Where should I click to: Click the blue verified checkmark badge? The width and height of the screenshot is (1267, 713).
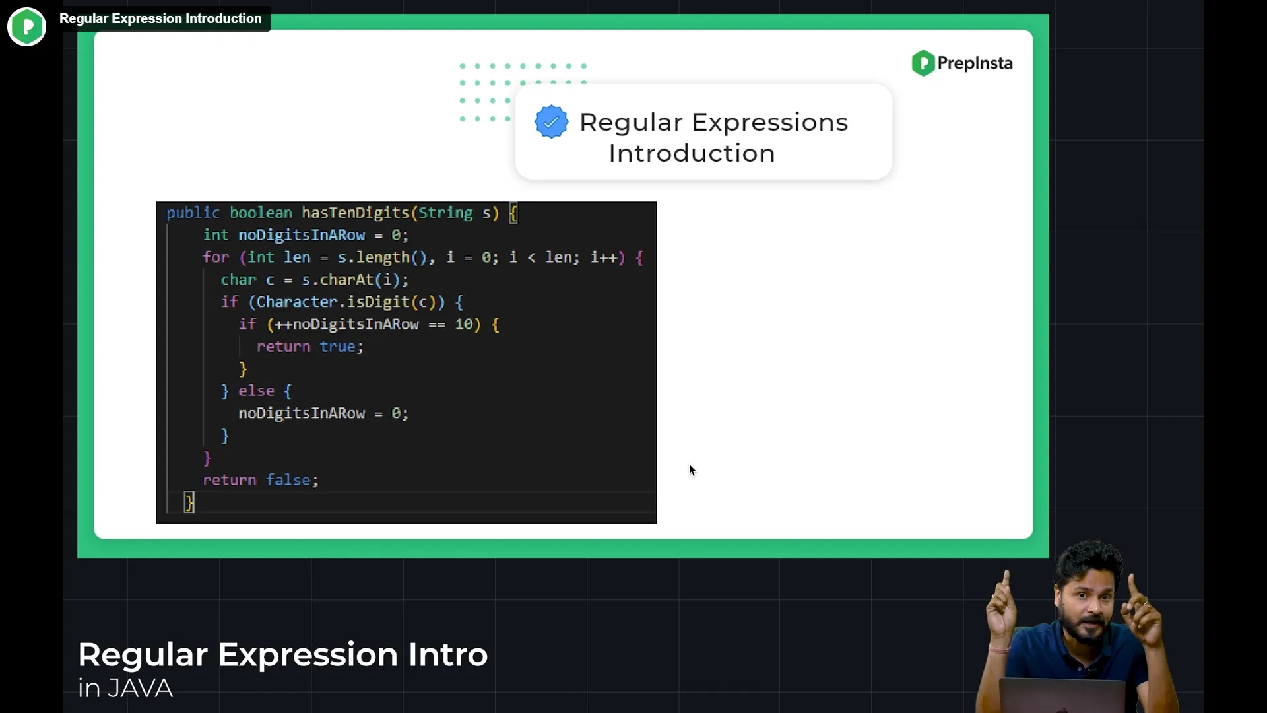tap(551, 122)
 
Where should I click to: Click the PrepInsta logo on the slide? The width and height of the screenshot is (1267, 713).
tap(962, 63)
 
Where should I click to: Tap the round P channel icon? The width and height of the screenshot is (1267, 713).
tap(26, 26)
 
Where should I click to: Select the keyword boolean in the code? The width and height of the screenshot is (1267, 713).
tap(261, 213)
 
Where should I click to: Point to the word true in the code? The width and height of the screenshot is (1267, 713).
tap(338, 347)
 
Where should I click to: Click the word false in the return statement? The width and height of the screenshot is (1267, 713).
tap(288, 480)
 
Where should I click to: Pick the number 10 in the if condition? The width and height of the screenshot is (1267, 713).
tap(463, 324)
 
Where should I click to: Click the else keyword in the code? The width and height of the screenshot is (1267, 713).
tap(256, 391)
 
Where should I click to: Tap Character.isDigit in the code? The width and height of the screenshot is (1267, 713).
tap(333, 302)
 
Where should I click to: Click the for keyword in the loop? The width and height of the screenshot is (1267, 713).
tap(216, 257)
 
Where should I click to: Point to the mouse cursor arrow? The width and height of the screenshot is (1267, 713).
tap(692, 470)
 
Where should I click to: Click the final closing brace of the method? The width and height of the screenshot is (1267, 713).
tap(189, 502)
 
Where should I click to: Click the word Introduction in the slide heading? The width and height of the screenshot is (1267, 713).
tap(692, 153)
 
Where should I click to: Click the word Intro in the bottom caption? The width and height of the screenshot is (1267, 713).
tap(448, 655)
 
